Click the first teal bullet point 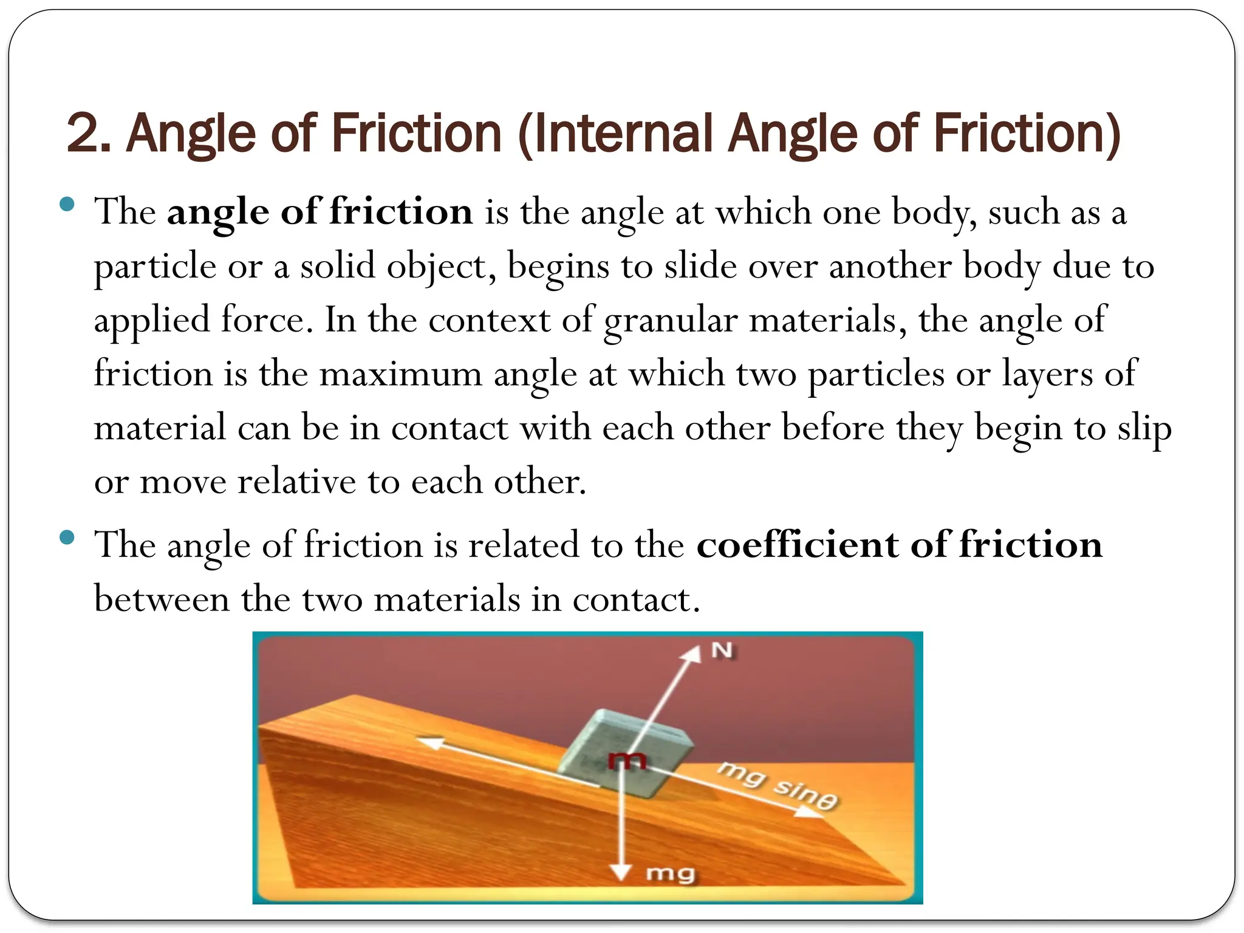67,204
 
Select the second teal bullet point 67,537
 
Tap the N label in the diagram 722,651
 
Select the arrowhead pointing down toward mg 620,872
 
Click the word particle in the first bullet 155,267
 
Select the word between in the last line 162,599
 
